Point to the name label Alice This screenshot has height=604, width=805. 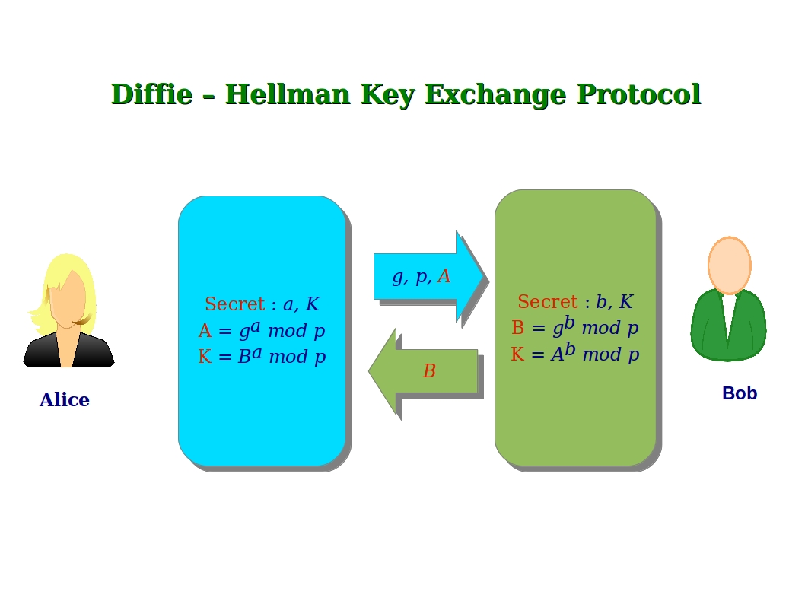65,400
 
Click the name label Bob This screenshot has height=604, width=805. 739,393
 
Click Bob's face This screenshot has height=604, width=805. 729,265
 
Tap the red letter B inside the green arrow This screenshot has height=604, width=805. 429,372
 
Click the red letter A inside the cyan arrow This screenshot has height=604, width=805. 444,276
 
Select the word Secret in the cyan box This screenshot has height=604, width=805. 234,304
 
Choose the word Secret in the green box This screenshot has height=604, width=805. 547,302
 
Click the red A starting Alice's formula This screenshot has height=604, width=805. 204,331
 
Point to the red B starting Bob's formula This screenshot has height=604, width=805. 517,328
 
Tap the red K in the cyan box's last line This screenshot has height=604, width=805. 204,357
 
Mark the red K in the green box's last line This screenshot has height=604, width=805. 517,354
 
